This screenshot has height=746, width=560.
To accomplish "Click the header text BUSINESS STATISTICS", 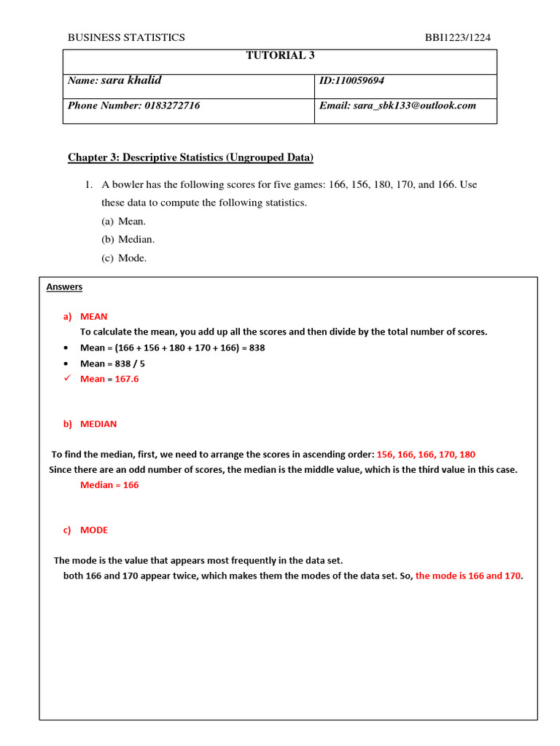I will coord(126,37).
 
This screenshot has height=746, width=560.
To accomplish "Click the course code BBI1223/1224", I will coord(463,37).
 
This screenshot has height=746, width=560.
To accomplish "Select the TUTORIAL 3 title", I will coord(280,55).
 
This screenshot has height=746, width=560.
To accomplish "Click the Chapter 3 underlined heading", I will coord(190,157).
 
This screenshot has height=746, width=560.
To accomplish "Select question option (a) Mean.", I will coord(123,221).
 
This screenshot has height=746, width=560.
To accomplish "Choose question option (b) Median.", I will coord(128,239).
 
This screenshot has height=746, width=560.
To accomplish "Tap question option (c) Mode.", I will coord(124,257).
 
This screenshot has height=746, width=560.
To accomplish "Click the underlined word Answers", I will coord(64,287).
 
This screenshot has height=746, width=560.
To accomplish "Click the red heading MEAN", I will coord(93,316).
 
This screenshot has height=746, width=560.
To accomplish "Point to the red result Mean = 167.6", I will coord(109,379).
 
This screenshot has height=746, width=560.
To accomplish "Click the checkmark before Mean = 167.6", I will coord(67,379).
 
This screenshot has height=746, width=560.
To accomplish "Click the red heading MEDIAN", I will coord(98,423).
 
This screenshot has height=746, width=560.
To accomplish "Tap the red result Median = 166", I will coord(109,484).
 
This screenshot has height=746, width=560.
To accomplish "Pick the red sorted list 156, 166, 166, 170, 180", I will coord(426,454).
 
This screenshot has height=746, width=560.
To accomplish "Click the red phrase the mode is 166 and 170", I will coord(468,576).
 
